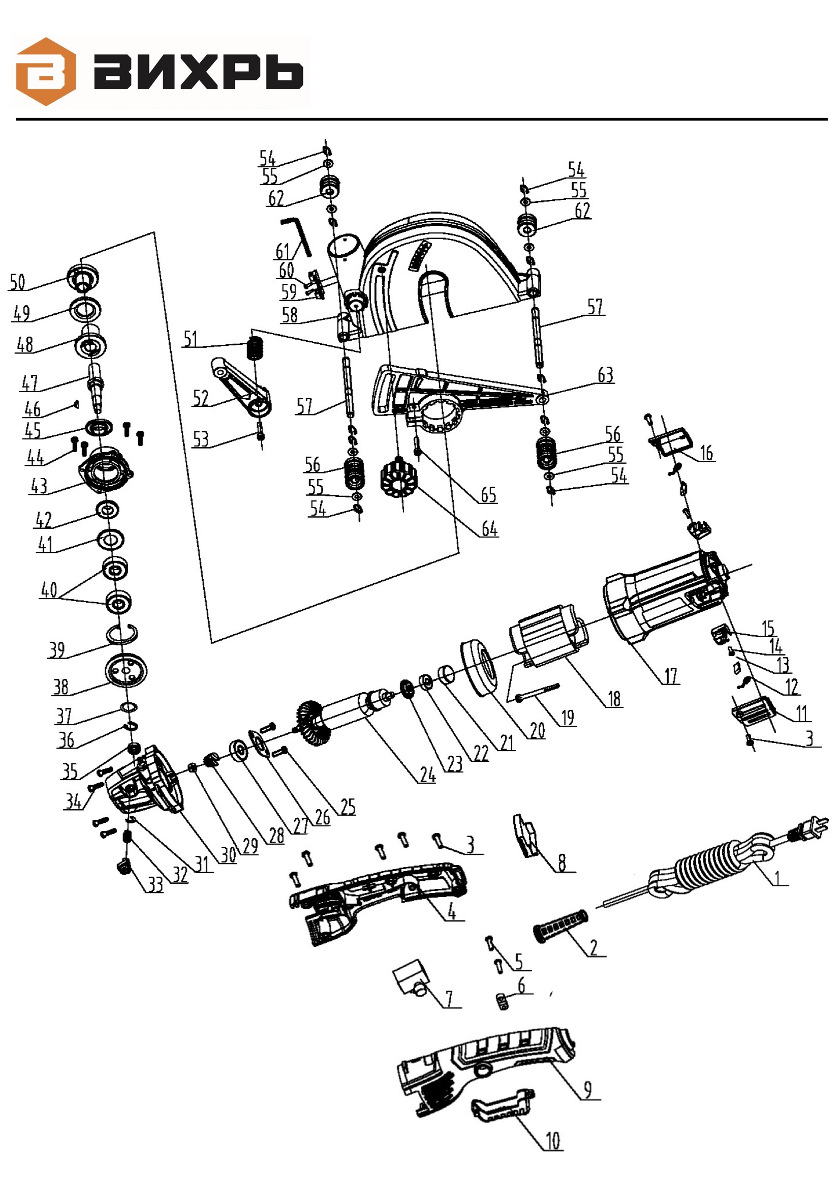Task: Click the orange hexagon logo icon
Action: tap(46, 72)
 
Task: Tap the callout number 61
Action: tap(283, 251)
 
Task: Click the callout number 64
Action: tap(489, 529)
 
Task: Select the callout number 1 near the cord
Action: tap(777, 878)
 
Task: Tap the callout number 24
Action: tap(427, 775)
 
